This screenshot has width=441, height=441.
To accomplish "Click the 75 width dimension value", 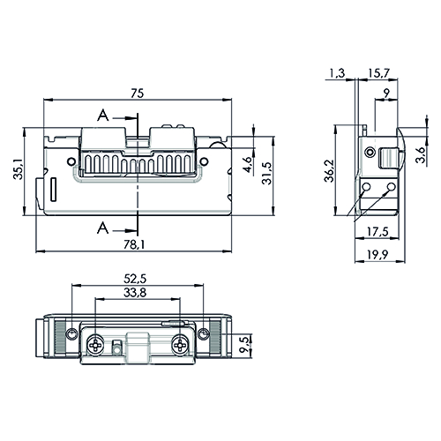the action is point(138,93).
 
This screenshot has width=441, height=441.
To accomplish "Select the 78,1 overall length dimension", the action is point(134,244).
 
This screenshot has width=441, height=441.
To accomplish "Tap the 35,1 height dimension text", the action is point(18,169).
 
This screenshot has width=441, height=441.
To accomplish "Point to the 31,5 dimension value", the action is point(267,174).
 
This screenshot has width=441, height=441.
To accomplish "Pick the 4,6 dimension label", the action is point(248,165).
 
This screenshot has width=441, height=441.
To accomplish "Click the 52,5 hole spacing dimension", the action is point(135,279).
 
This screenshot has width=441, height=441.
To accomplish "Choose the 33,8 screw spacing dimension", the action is point(135,293).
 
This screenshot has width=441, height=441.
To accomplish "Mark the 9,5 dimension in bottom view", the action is point(245,346).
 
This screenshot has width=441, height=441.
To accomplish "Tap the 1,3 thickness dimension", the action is point(337,73).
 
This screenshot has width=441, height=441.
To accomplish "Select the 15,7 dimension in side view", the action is point(378,73).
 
